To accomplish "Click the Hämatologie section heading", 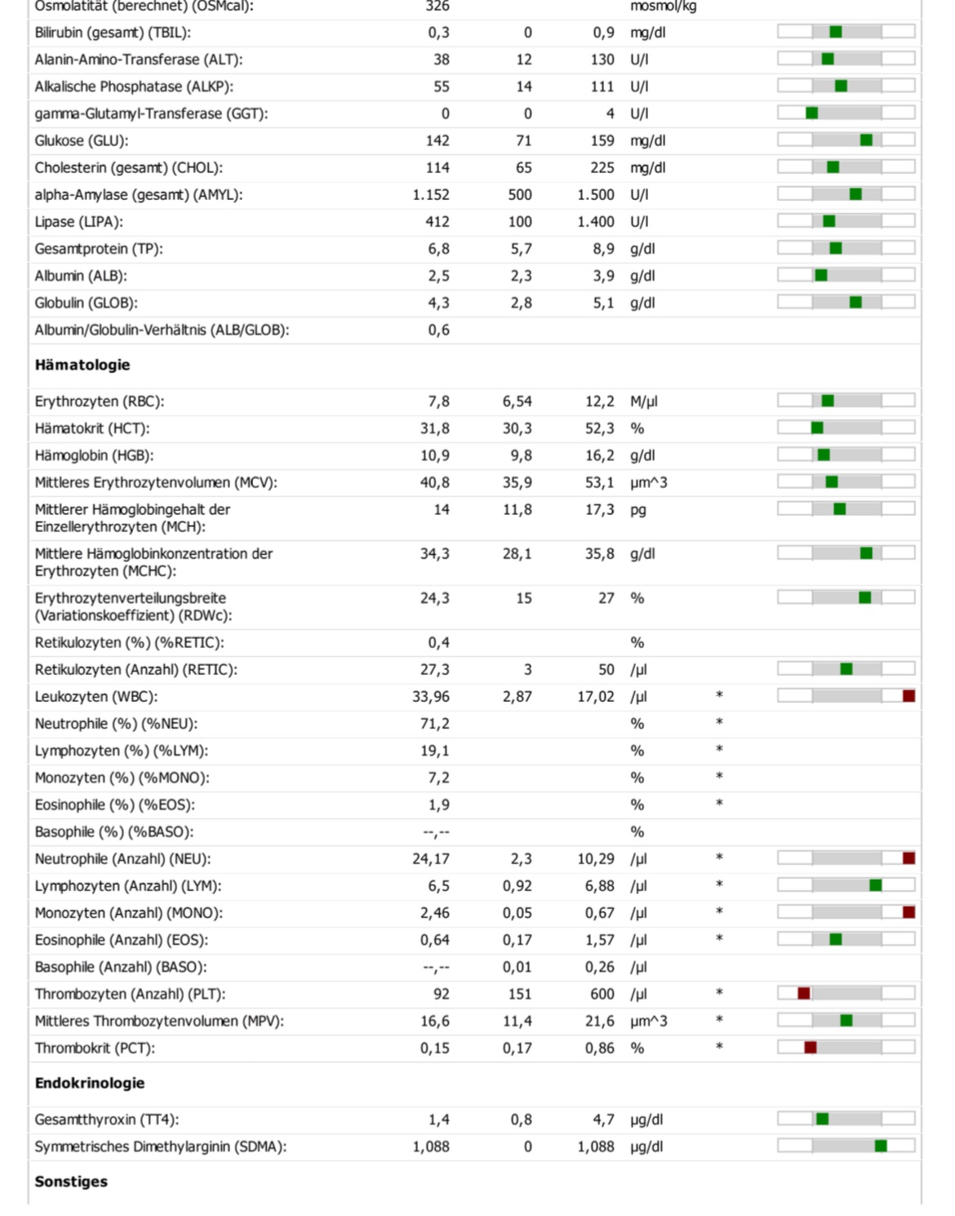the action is point(82,365).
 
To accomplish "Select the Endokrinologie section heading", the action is point(90,1083).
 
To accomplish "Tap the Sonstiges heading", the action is point(71,1181).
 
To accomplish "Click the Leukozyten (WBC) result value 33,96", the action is point(431,697).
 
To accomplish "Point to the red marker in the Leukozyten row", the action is point(908,696).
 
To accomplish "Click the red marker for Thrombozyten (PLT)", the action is point(804,993).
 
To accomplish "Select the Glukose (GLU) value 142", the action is point(438,140).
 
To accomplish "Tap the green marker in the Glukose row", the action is point(866,140).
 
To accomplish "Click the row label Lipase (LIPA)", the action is point(79,222).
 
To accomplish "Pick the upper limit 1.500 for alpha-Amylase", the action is point(596,195).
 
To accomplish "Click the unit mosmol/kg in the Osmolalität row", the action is point(663,7).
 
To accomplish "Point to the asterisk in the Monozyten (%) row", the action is point(719,777).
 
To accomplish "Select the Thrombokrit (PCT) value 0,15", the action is point(435,1048).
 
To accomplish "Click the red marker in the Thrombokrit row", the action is point(810,1047).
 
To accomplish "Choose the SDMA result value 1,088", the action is point(431,1147).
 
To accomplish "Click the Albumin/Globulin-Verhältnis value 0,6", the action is point(438,331).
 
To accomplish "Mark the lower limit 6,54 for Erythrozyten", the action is point(517,402).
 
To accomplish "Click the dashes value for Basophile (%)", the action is point(436,832).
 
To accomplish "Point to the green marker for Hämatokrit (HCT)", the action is point(817,428).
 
